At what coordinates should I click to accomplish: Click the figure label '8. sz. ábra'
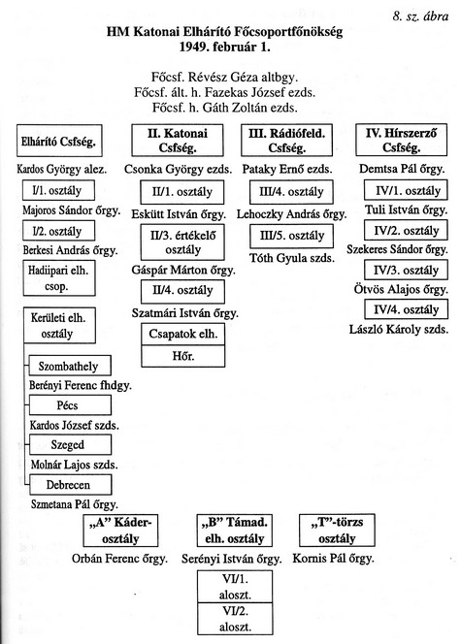tap(420, 16)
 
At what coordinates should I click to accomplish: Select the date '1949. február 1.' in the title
tap(225, 47)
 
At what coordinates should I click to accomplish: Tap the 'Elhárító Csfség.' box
tap(59, 141)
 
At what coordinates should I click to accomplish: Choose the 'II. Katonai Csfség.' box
tap(178, 141)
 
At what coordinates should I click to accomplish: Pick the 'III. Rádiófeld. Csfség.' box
tap(286, 141)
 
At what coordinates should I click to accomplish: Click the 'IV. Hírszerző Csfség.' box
tap(401, 140)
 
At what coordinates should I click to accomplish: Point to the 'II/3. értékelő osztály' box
tap(182, 241)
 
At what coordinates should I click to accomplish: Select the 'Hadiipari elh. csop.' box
tap(59, 278)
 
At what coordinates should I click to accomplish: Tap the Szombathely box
tap(70, 366)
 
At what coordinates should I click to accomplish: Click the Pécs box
tap(70, 405)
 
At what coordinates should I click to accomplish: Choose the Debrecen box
tap(70, 485)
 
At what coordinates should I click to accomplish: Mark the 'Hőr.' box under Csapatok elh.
tap(183, 356)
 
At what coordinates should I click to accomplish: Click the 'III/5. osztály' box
tap(292, 236)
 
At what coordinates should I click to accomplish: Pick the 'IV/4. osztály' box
tap(406, 309)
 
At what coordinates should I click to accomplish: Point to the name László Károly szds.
tap(399, 329)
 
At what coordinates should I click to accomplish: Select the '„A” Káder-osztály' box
tap(120, 531)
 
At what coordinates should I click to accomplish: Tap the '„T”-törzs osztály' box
tap(337, 531)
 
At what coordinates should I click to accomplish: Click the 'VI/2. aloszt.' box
tap(235, 619)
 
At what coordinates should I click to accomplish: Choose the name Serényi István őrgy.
tap(232, 559)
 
